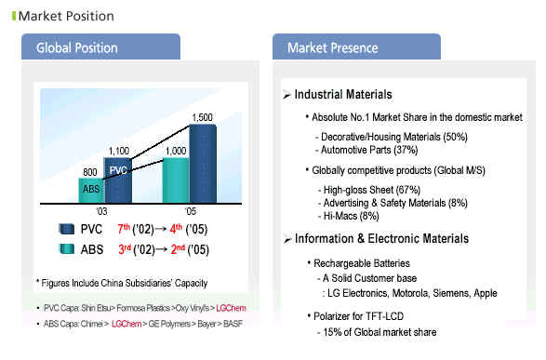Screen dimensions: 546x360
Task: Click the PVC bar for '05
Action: (203, 164)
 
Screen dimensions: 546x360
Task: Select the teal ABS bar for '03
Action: (91, 191)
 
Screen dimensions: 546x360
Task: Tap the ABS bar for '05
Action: (176, 180)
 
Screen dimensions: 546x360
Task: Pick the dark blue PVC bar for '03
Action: (118, 180)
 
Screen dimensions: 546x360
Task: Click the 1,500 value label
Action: (203, 117)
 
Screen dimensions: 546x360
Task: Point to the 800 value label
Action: (90, 172)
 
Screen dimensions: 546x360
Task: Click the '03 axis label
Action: (101, 211)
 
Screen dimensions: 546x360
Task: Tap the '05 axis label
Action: (190, 211)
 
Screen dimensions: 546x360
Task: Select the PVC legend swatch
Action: (67, 229)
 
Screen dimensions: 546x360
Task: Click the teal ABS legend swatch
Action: (67, 249)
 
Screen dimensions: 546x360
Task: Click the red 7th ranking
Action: (124, 229)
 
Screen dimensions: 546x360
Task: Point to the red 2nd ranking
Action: (178, 249)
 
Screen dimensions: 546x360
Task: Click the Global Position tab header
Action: (100, 47)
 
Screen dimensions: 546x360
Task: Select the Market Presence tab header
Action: (356, 47)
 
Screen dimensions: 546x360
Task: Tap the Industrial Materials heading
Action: (343, 94)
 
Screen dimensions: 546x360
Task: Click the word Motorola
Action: (411, 293)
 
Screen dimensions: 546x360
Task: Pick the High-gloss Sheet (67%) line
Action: (371, 190)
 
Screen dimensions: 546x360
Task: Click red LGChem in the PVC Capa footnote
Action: (231, 308)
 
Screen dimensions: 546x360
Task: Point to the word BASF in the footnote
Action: (233, 324)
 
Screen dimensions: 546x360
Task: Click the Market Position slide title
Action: (66, 16)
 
